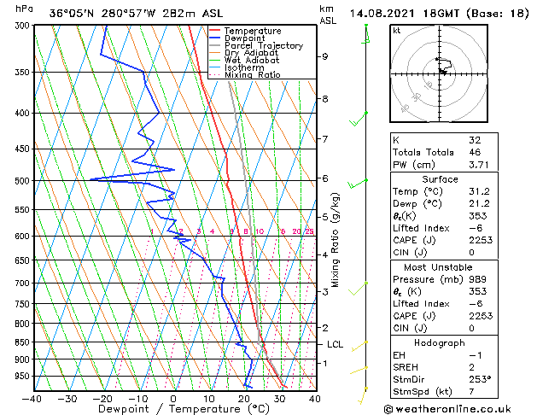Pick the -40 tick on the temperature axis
[x=32, y=399]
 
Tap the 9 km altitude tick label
[x=325, y=56]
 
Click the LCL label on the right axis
[x=335, y=344]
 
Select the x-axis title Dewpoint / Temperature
[x=174, y=409]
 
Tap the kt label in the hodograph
[x=396, y=30]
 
